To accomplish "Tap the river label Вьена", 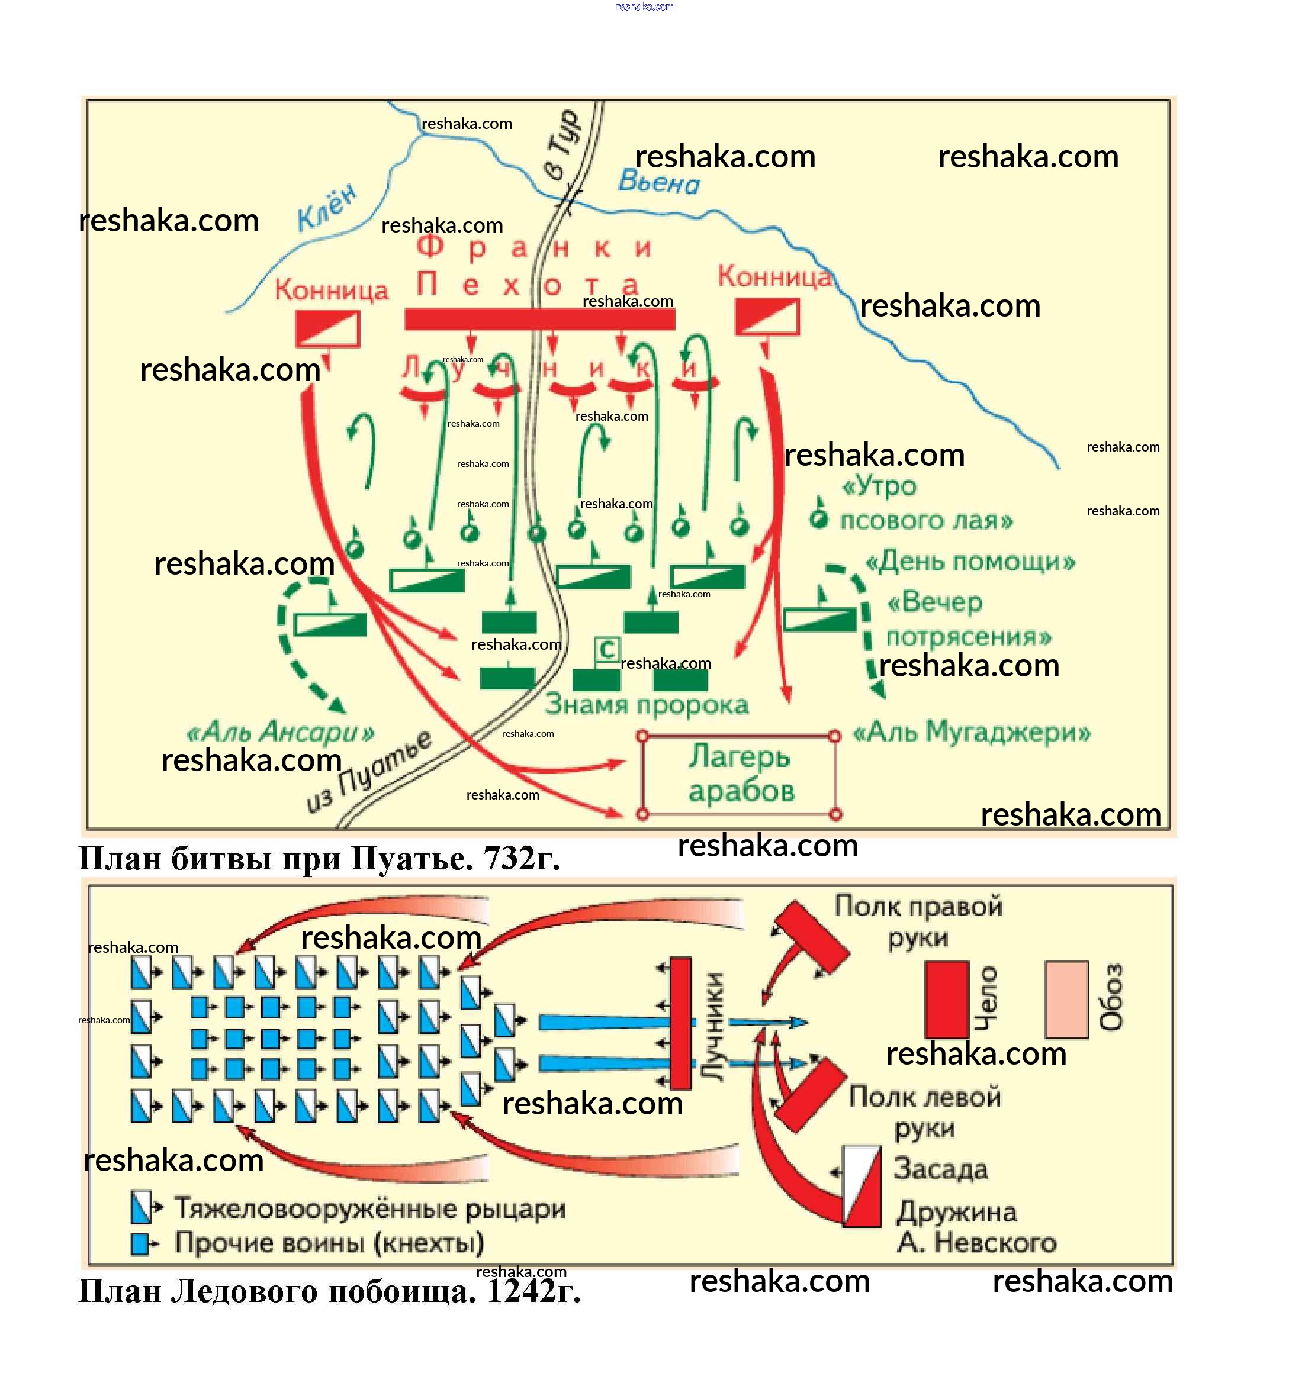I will [658, 183].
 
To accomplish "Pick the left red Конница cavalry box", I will [327, 328].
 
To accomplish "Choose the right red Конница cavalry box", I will [767, 317].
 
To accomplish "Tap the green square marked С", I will [606, 650].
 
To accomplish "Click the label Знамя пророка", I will [647, 704].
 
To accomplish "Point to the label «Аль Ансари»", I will [281, 733].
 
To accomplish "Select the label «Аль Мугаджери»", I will [972, 733].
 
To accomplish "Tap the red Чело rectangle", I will [947, 999].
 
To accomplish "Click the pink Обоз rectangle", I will [1066, 999].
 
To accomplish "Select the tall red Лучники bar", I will [680, 1023].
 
